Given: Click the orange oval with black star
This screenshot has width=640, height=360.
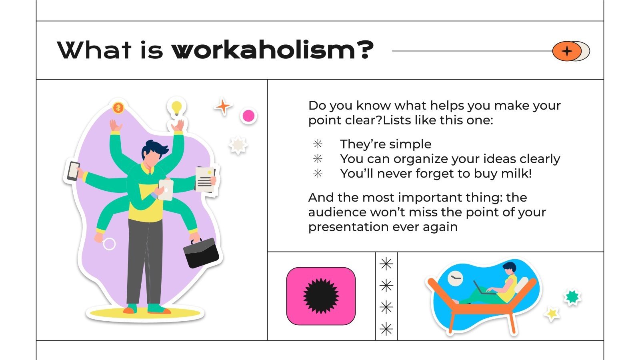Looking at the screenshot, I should (566, 51).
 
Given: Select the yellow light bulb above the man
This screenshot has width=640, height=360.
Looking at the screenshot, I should (176, 107).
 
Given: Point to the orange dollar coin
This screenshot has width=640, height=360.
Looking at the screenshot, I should (118, 107).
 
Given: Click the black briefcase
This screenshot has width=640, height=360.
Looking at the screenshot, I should (201, 253).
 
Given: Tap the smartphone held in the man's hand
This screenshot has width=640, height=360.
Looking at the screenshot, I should (73, 171).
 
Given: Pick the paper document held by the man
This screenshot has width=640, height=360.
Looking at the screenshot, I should (206, 180).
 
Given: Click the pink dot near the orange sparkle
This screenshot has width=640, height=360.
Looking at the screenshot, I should (248, 116).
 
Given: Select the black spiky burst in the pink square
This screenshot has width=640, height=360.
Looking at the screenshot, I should (321, 296).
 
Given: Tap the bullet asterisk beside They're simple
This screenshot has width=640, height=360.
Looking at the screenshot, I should (318, 144).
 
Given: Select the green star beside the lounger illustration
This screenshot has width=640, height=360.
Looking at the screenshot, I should (572, 297).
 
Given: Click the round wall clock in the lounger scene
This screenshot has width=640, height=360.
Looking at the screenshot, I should (455, 278).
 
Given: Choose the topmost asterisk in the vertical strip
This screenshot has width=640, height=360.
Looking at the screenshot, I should (386, 264).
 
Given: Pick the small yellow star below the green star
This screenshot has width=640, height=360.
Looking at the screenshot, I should (552, 314).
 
